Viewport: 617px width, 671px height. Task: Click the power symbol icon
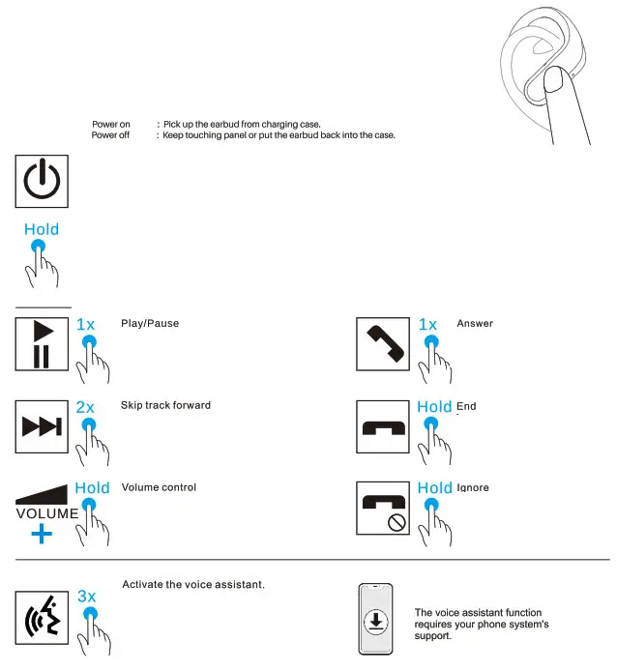[x=42, y=180]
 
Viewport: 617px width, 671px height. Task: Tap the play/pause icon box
[x=42, y=343]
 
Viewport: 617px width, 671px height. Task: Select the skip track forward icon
[x=42, y=426]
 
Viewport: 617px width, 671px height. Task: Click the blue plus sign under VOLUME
[x=41, y=534]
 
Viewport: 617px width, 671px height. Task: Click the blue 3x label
[x=86, y=597]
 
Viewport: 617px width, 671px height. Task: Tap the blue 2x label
[x=85, y=408]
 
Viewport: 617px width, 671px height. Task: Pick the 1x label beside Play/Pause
[x=85, y=325]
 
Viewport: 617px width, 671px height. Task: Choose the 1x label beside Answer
[x=427, y=325]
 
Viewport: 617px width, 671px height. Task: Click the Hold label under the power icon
[x=42, y=229]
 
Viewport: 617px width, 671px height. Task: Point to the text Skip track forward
[x=165, y=405]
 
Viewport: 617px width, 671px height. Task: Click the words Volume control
[x=159, y=487]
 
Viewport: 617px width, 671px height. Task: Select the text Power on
[x=111, y=125]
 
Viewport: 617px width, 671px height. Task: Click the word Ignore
[x=473, y=487]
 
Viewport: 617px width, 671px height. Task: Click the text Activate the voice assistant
[x=193, y=585]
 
